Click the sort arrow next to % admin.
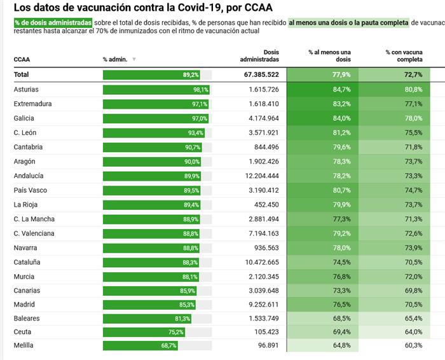[x=134, y=60]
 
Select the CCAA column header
[x=22, y=60]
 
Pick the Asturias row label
[x=27, y=89]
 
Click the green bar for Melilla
[x=140, y=345]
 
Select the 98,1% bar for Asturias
[x=156, y=89]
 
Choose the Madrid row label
[x=24, y=305]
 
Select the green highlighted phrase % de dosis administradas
[x=53, y=22]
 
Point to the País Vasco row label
[x=31, y=190]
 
